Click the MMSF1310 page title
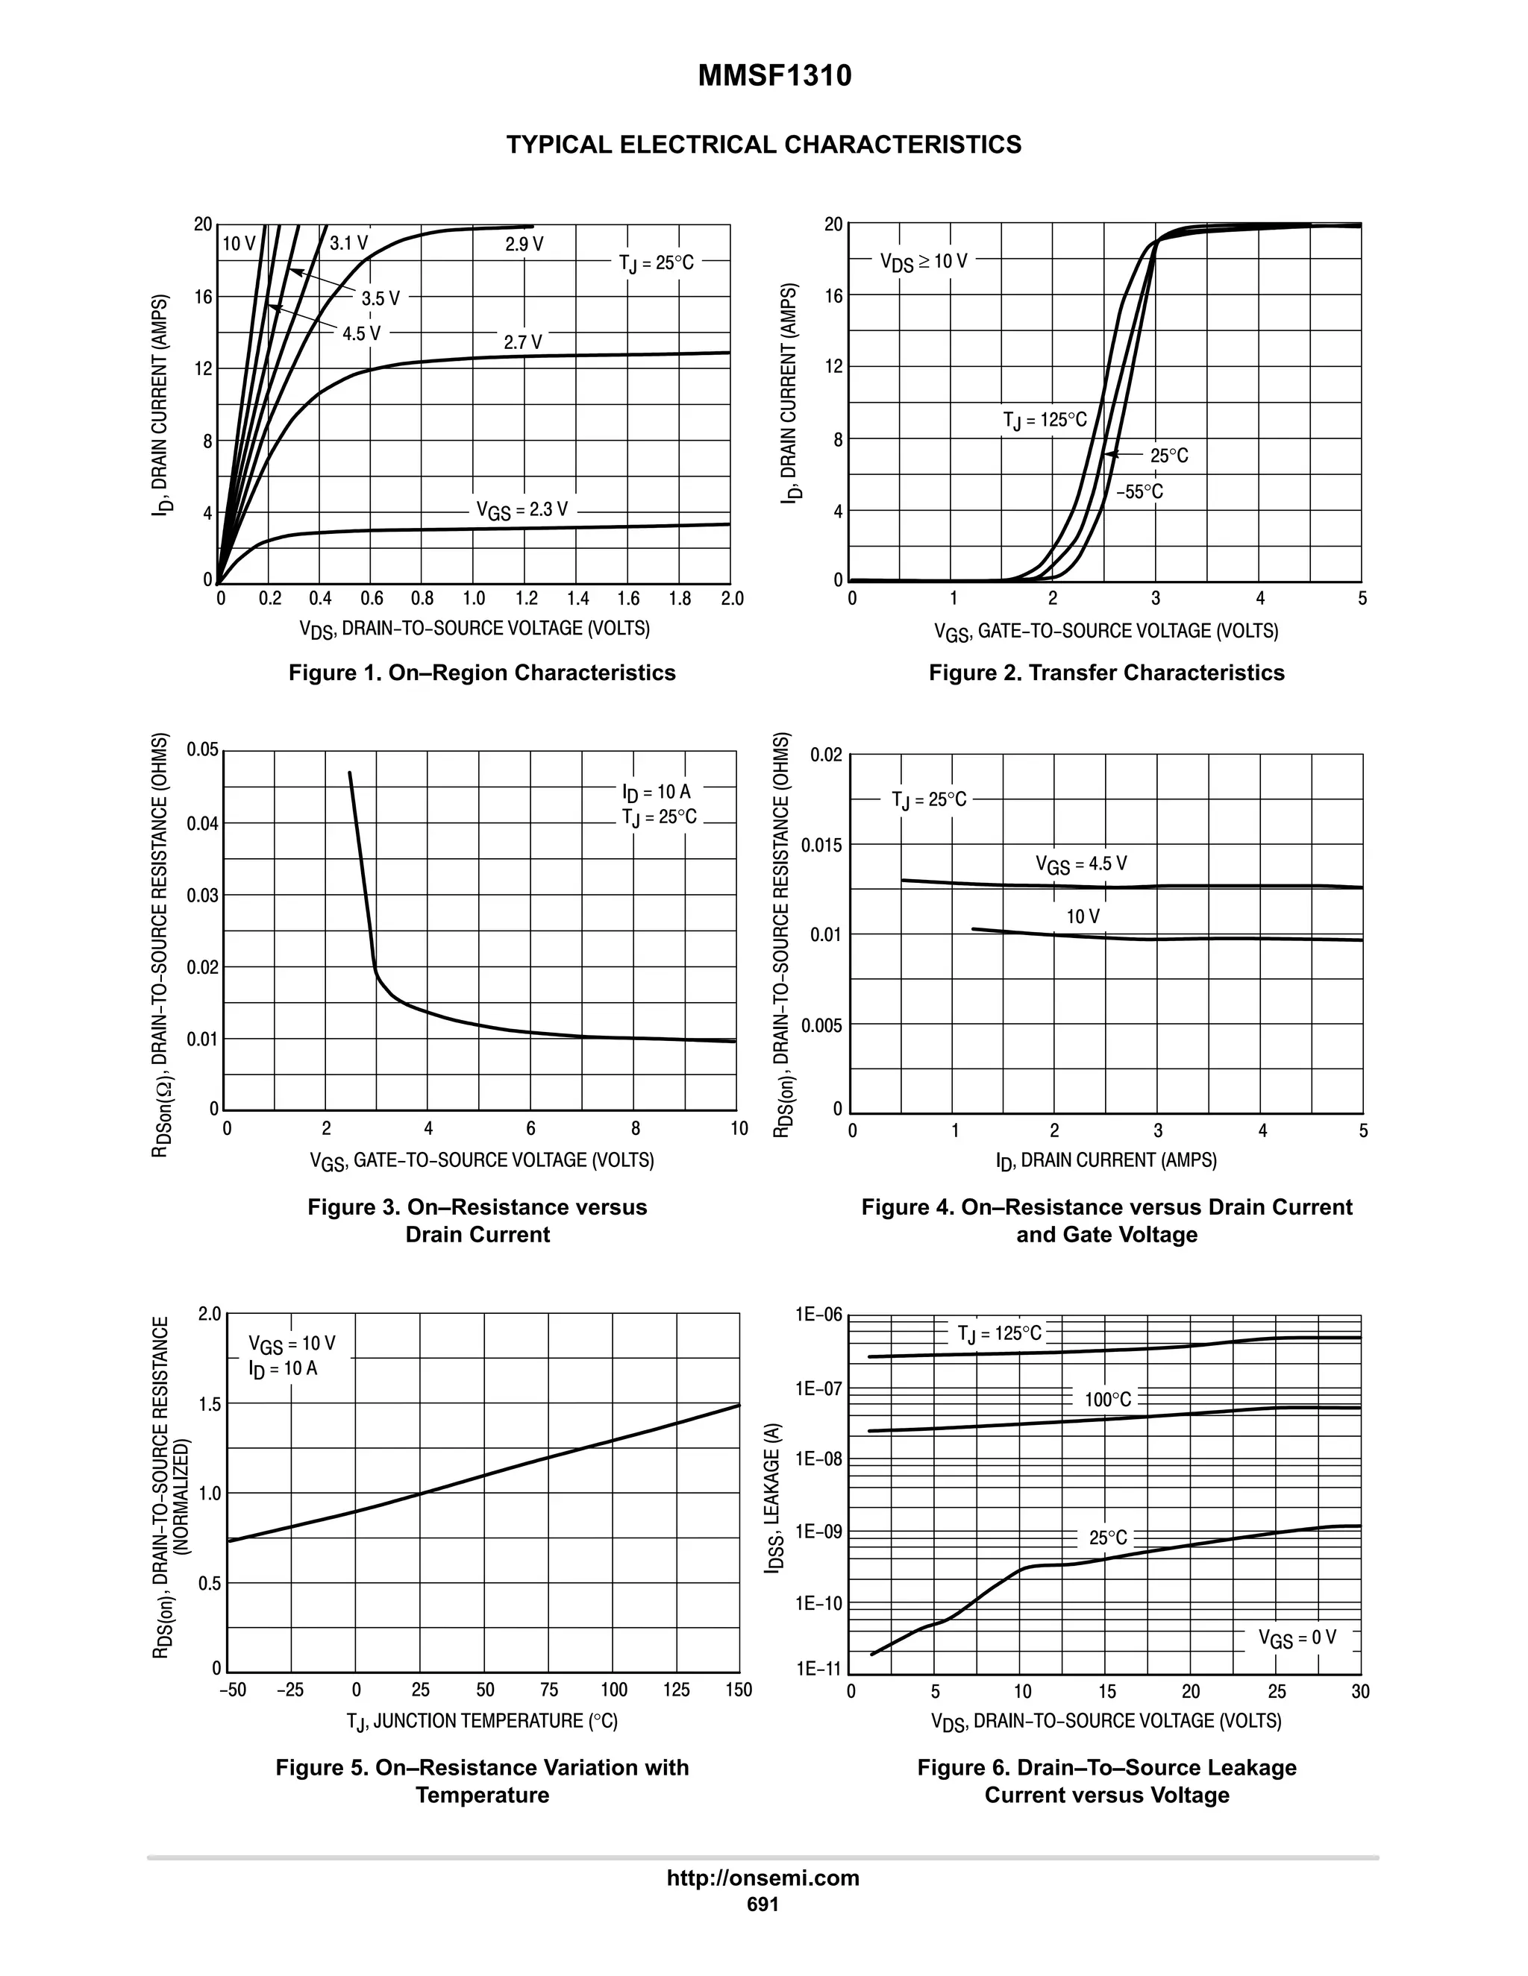(x=774, y=77)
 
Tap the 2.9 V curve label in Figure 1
(x=524, y=245)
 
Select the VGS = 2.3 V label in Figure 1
(x=522, y=510)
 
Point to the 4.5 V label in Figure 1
(x=361, y=334)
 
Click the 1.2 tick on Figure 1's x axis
(x=526, y=599)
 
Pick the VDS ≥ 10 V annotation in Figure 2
(x=924, y=262)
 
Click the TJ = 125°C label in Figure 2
(x=1045, y=421)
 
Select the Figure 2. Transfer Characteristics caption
(x=1106, y=673)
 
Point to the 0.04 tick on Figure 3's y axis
(x=203, y=823)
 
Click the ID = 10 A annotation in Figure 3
(x=657, y=793)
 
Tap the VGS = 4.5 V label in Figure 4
(x=1082, y=864)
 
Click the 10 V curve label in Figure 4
(x=1083, y=916)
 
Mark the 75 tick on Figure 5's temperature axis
(x=549, y=1690)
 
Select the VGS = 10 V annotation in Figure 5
(x=292, y=1344)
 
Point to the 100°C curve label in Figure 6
(x=1108, y=1400)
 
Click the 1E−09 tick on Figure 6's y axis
(x=818, y=1532)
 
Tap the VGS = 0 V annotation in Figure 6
(x=1296, y=1637)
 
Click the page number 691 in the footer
(x=763, y=1904)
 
